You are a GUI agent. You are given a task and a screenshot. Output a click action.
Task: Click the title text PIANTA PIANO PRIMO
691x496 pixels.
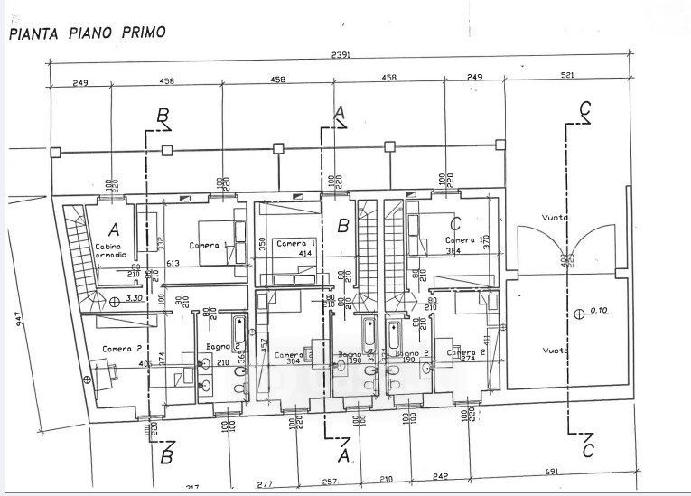click(88, 33)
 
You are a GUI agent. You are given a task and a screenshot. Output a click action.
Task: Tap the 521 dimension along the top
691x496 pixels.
click(567, 76)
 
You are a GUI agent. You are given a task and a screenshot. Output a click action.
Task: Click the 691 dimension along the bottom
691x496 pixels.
click(554, 471)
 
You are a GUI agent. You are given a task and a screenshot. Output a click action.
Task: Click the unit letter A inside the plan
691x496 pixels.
click(115, 228)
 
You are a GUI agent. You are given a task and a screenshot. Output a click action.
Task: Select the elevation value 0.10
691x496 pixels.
click(597, 310)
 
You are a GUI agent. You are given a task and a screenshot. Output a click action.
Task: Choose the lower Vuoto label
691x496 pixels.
click(554, 351)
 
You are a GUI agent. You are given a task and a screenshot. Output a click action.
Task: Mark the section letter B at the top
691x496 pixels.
click(163, 115)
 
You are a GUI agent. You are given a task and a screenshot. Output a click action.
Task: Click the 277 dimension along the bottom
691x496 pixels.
click(264, 485)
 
